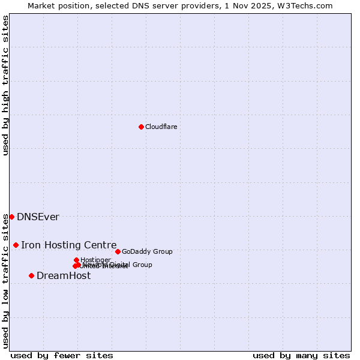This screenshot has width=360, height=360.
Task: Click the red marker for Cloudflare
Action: pyautogui.click(x=141, y=127)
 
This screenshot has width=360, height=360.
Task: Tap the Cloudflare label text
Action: pyautogui.click(x=161, y=127)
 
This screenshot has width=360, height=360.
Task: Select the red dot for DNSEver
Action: pyautogui.click(x=11, y=217)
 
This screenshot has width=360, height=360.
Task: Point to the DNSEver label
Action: pyautogui.click(x=38, y=217)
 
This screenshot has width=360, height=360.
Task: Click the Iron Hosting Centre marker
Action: pyautogui.click(x=16, y=245)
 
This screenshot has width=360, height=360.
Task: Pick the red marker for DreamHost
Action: pyautogui.click(x=31, y=275)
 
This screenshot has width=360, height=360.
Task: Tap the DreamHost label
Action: pyautogui.click(x=64, y=275)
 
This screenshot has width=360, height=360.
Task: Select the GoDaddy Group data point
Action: pyautogui.click(x=118, y=251)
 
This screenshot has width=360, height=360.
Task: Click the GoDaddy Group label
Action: pyautogui.click(x=147, y=251)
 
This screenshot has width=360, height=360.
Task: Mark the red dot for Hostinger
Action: pyautogui.click(x=76, y=260)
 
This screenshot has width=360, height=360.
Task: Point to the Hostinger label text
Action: pyautogui.click(x=95, y=260)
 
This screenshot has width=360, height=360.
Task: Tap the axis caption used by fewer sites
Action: pyautogui.click(x=62, y=355)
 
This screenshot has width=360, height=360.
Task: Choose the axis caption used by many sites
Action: pyautogui.click(x=301, y=355)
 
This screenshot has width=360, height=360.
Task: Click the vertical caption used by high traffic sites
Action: pyautogui.click(x=5, y=85)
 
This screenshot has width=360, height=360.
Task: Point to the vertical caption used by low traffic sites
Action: pyautogui.click(x=5, y=280)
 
